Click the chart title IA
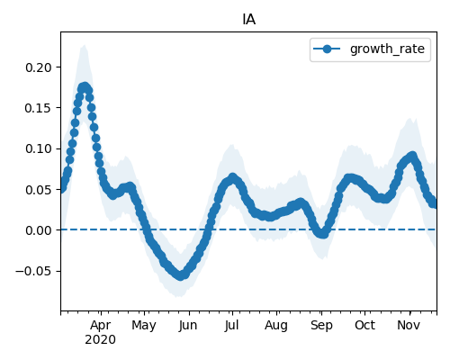[x=249, y=20]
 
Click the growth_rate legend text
[x=387, y=49]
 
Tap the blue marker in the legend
[x=327, y=49]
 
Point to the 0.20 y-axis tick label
[x=39, y=67]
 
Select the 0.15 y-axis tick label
[x=39, y=108]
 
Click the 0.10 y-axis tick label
[x=39, y=148]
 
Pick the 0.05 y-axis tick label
[x=39, y=190]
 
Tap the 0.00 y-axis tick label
[x=39, y=230]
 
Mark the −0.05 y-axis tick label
[x=33, y=271]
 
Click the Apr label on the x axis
[x=101, y=325]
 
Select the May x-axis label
[x=144, y=325]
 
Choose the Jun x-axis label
[x=188, y=325]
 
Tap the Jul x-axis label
[x=232, y=325]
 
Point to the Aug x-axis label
[x=276, y=325]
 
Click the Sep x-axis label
[x=321, y=325]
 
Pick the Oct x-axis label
[x=364, y=325]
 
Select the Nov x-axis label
[x=409, y=325]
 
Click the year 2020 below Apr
[x=100, y=340]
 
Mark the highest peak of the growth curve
[x=85, y=87]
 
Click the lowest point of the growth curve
[x=180, y=275]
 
